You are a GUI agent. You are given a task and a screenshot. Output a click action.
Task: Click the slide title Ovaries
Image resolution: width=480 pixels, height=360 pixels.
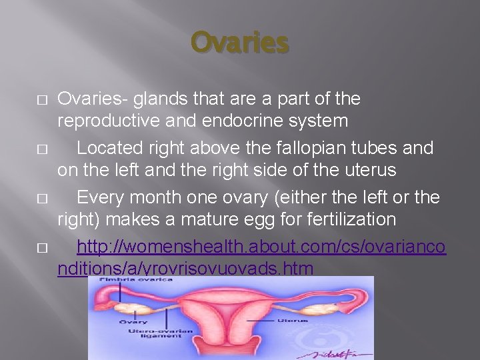[x=240, y=43]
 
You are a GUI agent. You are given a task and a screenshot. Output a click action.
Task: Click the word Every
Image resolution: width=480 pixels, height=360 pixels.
[x=102, y=197]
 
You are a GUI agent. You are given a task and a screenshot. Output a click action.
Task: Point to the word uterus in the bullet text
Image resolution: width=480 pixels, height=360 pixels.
[x=363, y=170]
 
